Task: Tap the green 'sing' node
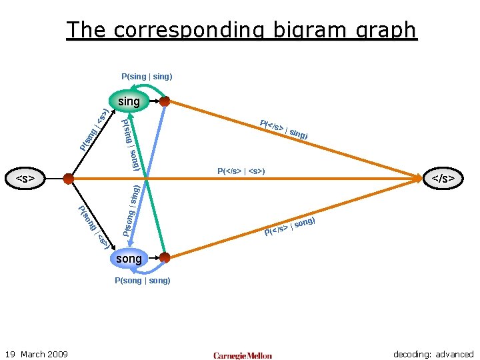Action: click(129, 101)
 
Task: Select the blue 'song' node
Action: click(129, 258)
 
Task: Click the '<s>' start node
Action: click(25, 179)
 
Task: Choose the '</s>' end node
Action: click(443, 179)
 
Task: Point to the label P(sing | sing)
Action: click(147, 77)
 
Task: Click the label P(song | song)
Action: click(142, 281)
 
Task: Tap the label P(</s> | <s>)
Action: click(241, 171)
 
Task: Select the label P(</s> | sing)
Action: click(284, 129)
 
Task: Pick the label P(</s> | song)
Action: click(289, 227)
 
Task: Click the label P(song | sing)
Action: click(131, 211)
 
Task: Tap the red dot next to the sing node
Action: click(165, 101)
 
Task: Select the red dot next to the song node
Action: click(165, 257)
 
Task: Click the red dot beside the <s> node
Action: click(68, 179)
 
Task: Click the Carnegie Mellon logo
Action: click(243, 355)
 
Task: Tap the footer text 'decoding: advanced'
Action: click(433, 354)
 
